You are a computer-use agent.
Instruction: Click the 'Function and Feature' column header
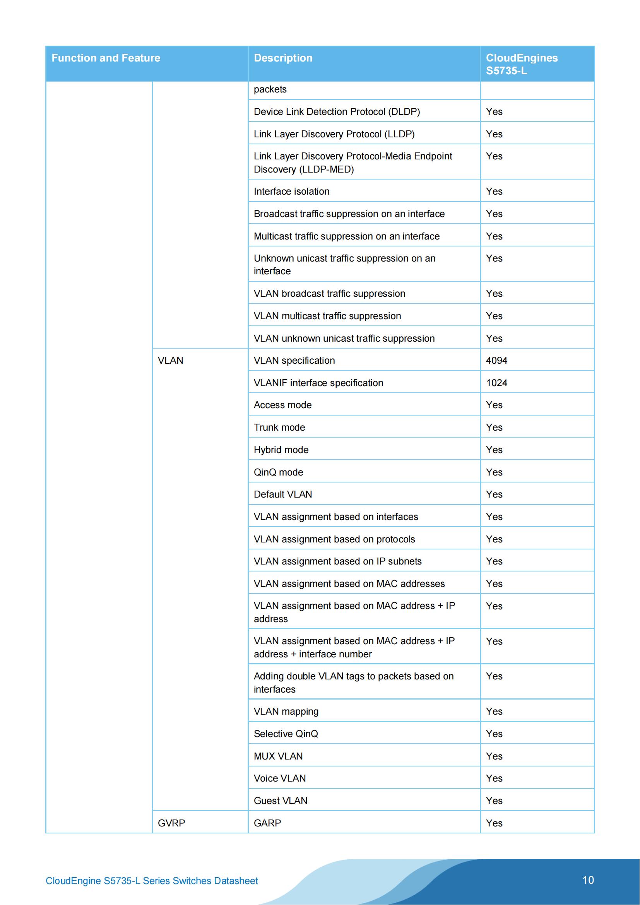[x=106, y=58]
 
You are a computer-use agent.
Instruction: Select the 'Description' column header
[x=282, y=58]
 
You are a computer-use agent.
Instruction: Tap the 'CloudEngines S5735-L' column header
[x=521, y=64]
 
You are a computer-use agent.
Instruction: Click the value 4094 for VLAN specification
[x=496, y=360]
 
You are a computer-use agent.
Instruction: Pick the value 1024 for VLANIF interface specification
[x=496, y=383]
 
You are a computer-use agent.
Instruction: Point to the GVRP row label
[x=171, y=823]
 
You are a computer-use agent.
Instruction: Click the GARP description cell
[x=267, y=823]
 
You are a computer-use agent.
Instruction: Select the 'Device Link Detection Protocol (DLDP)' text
[x=337, y=111]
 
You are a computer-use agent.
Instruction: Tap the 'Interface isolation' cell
[x=291, y=191]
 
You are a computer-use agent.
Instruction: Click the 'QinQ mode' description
[x=278, y=472]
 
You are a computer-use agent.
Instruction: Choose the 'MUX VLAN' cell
[x=278, y=756]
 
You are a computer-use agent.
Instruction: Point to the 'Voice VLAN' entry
[x=279, y=778]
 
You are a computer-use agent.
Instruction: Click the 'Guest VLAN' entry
[x=280, y=801]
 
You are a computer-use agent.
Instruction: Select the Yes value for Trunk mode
[x=494, y=427]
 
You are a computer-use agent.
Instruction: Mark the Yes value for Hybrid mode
[x=494, y=450]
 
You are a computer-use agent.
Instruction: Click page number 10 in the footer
[x=588, y=880]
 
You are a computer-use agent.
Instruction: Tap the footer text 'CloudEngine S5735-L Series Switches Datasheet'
[x=152, y=881]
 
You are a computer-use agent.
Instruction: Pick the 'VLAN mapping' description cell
[x=286, y=711]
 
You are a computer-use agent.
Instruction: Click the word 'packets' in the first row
[x=270, y=89]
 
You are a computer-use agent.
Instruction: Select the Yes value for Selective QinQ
[x=494, y=734]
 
